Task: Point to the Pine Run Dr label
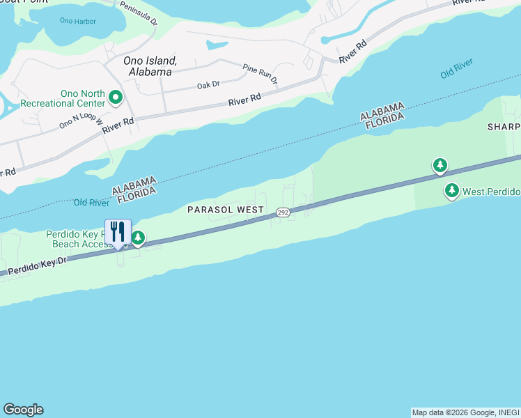260,72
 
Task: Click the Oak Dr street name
208,85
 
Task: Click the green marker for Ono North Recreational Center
116,98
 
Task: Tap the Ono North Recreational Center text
63,98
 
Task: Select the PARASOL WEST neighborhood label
226,210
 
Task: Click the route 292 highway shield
281,212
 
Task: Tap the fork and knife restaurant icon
118,231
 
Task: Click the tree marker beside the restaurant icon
139,239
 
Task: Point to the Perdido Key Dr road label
37,265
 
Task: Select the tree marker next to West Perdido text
452,190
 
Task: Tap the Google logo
23,410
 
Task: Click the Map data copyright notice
465,412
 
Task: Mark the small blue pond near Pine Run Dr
217,46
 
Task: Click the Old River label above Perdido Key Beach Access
91,203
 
